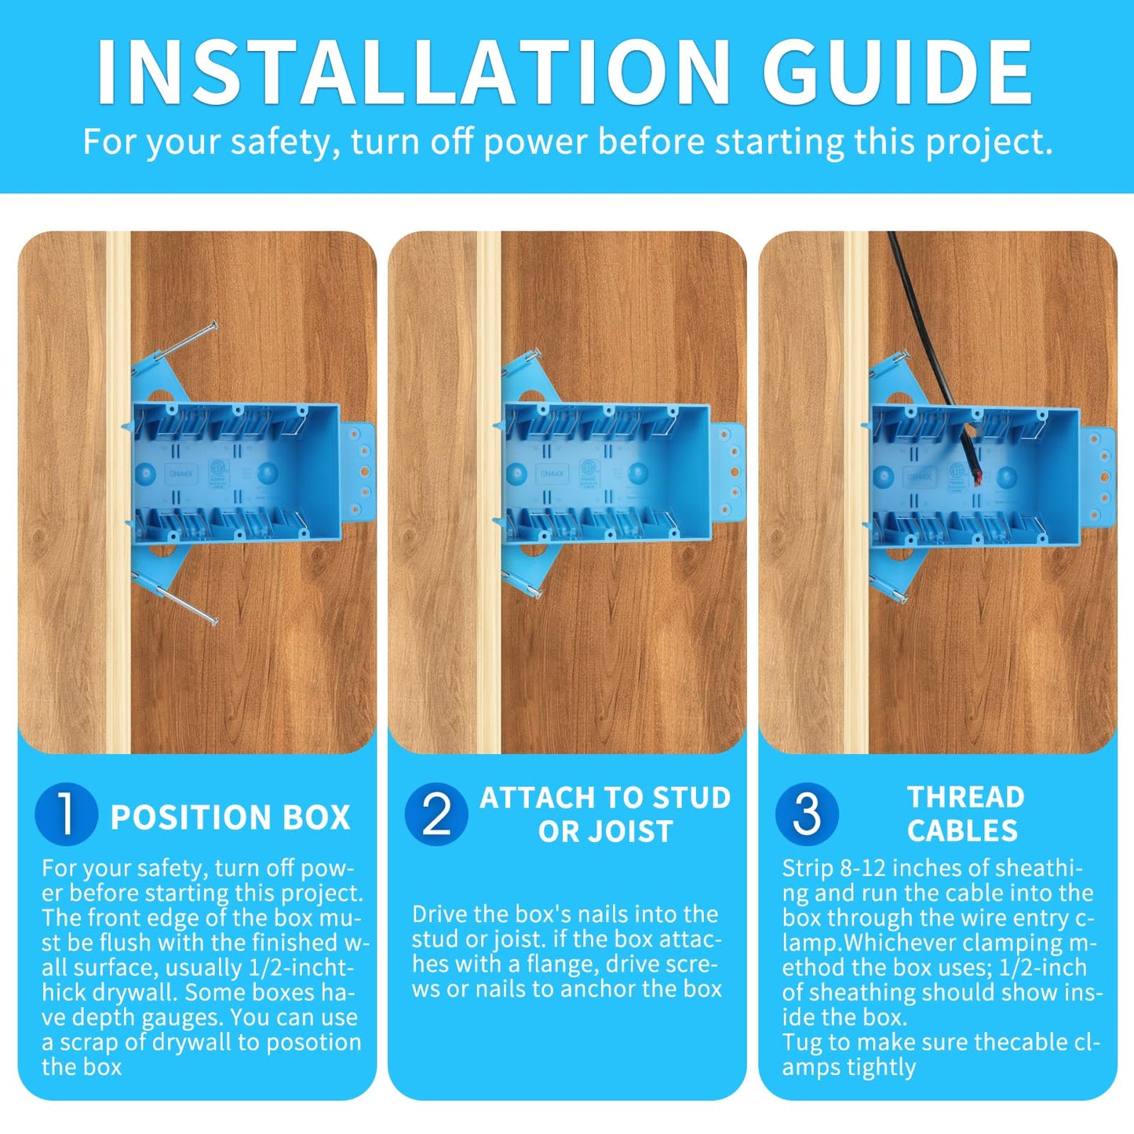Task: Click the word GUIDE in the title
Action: point(897,71)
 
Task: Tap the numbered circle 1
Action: point(66,814)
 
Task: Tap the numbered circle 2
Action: point(436,814)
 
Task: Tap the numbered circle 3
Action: point(807,814)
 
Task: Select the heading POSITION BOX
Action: point(230,817)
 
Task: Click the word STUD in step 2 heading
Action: point(691,797)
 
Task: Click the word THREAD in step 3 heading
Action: point(966,797)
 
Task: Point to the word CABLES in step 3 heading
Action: point(962,830)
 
